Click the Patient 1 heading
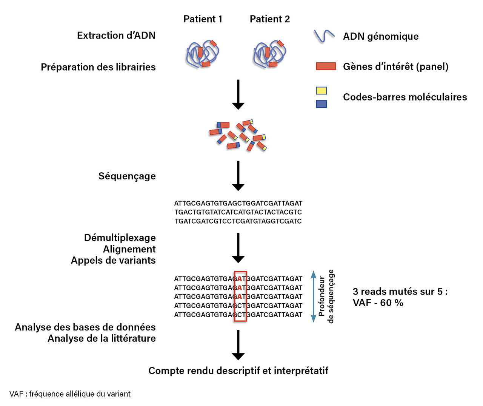click(203, 19)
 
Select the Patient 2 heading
click(270, 19)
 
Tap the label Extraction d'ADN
click(116, 36)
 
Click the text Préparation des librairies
click(98, 67)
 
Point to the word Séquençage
click(127, 176)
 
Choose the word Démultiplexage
click(120, 238)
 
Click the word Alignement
click(129, 249)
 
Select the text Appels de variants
click(113, 261)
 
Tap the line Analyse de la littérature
click(102, 338)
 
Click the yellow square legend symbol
click(321, 91)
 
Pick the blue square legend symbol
click(321, 104)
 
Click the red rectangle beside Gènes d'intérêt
click(326, 66)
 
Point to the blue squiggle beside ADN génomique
click(324, 36)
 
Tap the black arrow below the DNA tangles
click(238, 94)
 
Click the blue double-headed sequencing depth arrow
click(313, 296)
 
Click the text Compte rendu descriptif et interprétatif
click(238, 371)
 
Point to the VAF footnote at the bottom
click(70, 394)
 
